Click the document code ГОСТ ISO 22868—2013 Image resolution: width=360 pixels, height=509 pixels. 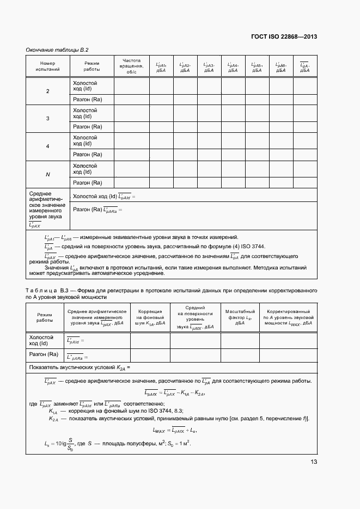(x=284, y=36)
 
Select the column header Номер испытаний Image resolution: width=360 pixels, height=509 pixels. (x=48, y=66)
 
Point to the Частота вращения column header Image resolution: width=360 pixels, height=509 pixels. (x=131, y=66)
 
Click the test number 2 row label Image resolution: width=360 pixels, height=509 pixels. (x=48, y=90)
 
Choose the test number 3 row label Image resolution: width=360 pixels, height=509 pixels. (x=48, y=119)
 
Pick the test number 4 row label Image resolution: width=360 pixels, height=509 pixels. (x=48, y=147)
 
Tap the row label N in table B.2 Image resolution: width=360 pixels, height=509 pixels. (x=48, y=175)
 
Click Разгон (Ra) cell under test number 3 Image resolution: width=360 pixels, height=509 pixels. (x=88, y=126)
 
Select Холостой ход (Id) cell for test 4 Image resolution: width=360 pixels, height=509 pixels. (x=85, y=141)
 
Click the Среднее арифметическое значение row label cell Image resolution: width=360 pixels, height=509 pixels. (x=47, y=208)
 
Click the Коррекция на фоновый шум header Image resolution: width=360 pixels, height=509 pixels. (x=150, y=317)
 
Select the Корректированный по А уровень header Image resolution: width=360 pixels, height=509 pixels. (x=288, y=317)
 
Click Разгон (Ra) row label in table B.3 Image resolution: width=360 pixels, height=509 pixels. (x=44, y=354)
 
